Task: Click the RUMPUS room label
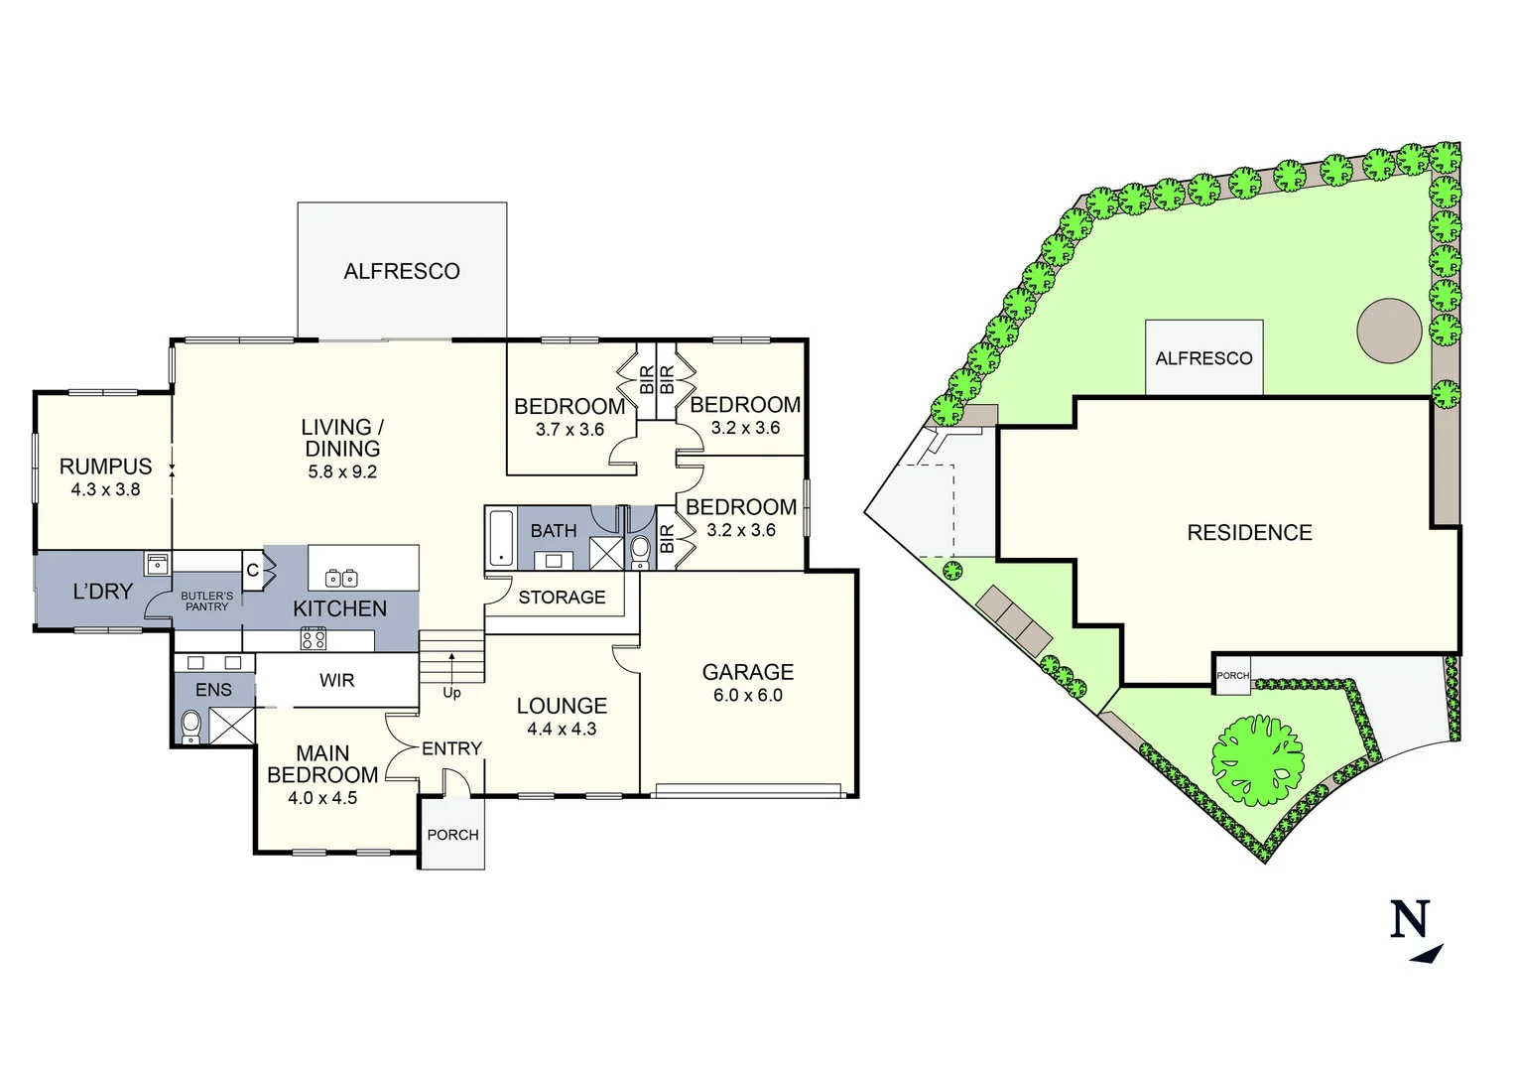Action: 105,467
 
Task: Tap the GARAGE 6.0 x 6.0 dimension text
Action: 747,696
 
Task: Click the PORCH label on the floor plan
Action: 452,835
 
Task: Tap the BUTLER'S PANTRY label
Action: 206,602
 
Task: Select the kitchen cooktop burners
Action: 314,639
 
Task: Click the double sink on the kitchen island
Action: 342,578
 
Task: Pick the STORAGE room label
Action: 562,598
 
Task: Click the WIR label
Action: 336,681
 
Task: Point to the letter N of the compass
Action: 1409,920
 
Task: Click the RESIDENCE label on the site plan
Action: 1249,533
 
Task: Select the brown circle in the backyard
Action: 1389,331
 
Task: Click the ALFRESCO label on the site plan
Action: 1203,358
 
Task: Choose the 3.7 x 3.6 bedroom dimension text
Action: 569,430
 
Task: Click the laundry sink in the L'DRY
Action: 157,564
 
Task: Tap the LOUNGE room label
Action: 562,706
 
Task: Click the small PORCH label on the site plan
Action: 1232,676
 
